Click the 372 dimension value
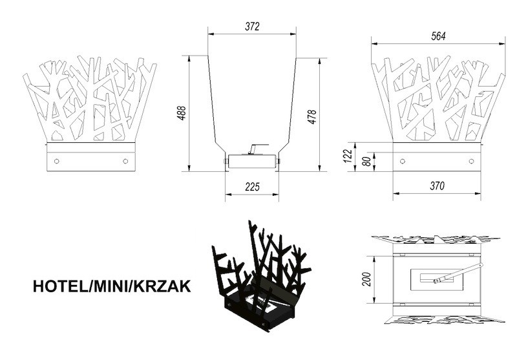(x=252, y=26)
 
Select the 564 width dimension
(x=438, y=36)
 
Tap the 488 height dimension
(x=182, y=112)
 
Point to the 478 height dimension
(x=312, y=117)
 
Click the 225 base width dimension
(x=252, y=187)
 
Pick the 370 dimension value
(x=438, y=186)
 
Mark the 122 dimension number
(x=348, y=156)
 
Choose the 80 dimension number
(x=368, y=161)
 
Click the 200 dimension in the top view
(x=368, y=279)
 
